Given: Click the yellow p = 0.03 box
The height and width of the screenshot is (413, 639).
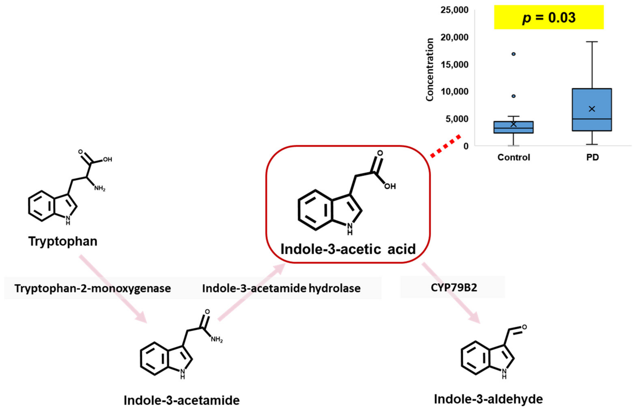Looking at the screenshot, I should pyautogui.click(x=548, y=17).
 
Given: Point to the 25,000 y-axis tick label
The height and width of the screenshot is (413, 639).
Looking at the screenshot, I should pyautogui.click(x=454, y=10).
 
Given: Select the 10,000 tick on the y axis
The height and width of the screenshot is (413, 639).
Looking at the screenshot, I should pyautogui.click(x=454, y=92).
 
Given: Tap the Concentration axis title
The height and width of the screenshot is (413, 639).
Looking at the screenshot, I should pyautogui.click(x=430, y=70).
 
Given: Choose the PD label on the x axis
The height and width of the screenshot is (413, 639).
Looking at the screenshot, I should pyautogui.click(x=592, y=157).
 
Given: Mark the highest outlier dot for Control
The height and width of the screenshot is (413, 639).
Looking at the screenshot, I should pyautogui.click(x=513, y=54).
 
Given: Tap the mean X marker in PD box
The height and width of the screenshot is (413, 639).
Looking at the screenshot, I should pyautogui.click(x=592, y=109).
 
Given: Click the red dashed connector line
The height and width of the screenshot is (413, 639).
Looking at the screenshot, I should pyautogui.click(x=446, y=146).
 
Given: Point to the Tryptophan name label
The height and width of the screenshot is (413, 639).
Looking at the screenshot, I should pyautogui.click(x=63, y=241).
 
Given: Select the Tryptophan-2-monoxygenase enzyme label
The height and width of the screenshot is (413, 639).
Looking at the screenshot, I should pyautogui.click(x=93, y=288).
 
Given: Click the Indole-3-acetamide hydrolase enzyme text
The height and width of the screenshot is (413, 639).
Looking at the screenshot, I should pyautogui.click(x=281, y=288).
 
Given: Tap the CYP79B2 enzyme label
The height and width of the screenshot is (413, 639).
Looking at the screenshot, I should pyautogui.click(x=454, y=288).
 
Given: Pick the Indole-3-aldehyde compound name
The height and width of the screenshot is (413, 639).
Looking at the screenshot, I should pyautogui.click(x=488, y=399).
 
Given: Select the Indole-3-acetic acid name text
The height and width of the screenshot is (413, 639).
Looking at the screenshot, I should pyautogui.click(x=348, y=249).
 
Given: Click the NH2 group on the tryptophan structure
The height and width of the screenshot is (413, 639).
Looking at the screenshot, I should pyautogui.click(x=100, y=188).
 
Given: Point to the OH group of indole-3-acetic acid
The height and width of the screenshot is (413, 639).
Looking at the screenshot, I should pyautogui.click(x=390, y=186).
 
